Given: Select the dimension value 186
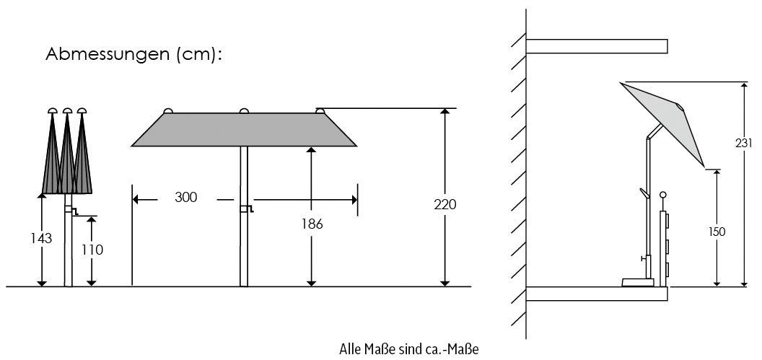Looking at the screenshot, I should (311, 224).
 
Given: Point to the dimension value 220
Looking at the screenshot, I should (445, 205).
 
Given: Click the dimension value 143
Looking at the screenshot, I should (42, 238).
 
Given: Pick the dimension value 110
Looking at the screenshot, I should (92, 250).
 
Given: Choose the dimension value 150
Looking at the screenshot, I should (716, 232).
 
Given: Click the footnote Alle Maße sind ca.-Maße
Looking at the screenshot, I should (409, 349).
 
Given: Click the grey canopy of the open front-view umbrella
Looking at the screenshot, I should (244, 130).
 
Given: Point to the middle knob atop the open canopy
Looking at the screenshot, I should (244, 110).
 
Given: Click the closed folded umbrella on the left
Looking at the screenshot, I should (66, 155).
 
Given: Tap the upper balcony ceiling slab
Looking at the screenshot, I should (596, 46).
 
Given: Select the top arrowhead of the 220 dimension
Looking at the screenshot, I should (445, 113).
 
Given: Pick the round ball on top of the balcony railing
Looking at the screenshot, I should (663, 195).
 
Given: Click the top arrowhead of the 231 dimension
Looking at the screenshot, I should (743, 86).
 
